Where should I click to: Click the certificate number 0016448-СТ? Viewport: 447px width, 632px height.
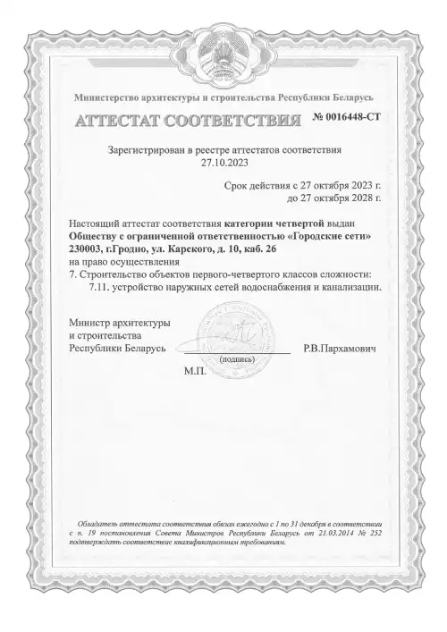[348, 117]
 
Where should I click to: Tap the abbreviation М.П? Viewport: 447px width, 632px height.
[196, 369]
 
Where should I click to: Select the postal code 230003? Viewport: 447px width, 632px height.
[88, 249]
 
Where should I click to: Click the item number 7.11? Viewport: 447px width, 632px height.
[99, 289]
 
